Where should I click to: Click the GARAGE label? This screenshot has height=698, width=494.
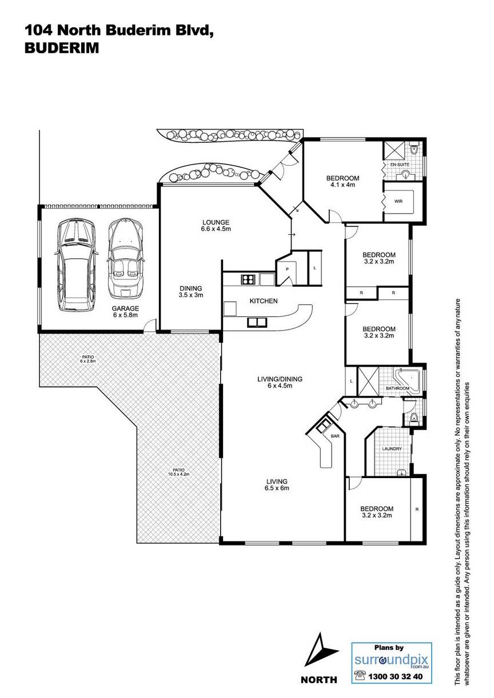click(125, 308)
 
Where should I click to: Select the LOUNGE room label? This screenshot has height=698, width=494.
click(216, 222)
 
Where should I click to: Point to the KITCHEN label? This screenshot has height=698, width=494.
click(264, 301)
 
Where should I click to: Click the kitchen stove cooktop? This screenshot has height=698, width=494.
click(249, 279)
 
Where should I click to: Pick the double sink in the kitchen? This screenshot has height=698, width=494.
click(257, 323)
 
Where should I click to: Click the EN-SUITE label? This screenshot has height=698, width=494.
click(400, 164)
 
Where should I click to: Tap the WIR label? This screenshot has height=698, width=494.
click(399, 201)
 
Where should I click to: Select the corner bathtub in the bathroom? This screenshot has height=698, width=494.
click(408, 380)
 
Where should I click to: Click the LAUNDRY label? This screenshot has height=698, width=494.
click(392, 449)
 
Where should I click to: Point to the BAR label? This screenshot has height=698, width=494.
click(335, 436)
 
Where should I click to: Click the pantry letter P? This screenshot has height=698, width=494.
click(287, 269)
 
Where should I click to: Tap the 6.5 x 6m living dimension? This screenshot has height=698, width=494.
click(277, 488)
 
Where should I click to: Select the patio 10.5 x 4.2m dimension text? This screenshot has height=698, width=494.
click(179, 474)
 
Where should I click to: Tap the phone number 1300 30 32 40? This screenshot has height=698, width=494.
click(396, 685)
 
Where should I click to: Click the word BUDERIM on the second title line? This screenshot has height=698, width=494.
click(62, 49)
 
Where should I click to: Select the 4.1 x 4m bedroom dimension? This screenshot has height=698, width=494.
click(342, 185)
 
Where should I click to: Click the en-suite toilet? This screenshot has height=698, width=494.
click(414, 150)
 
